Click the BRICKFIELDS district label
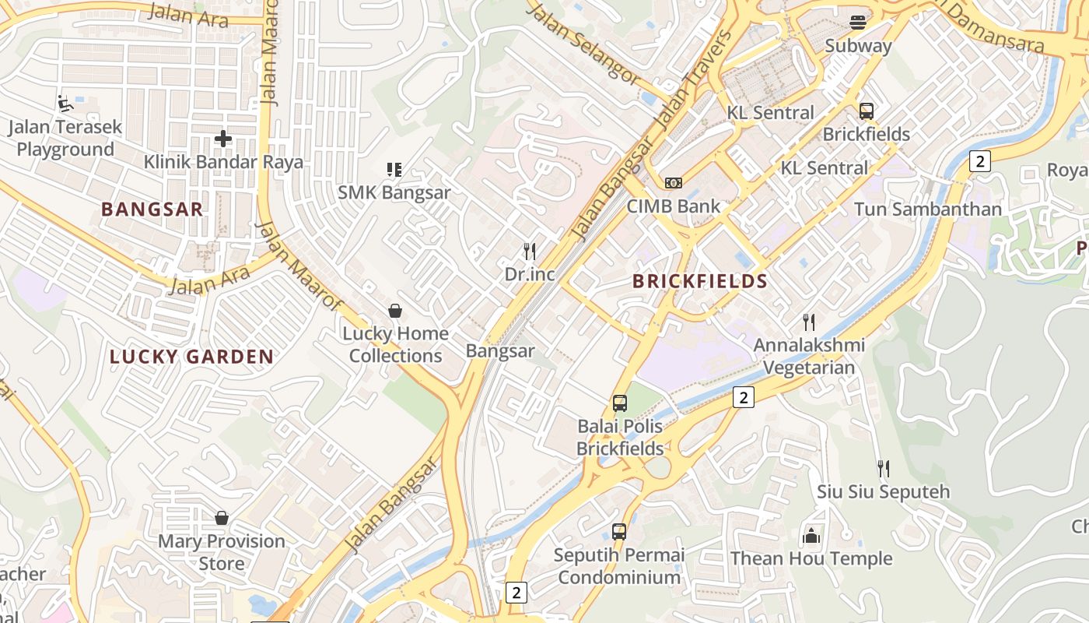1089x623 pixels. (699, 281)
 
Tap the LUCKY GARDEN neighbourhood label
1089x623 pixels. (191, 357)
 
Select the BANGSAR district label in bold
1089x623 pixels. (152, 209)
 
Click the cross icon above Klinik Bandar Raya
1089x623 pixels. (223, 139)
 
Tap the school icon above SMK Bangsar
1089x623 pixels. (394, 169)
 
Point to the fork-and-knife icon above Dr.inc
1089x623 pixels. (530, 251)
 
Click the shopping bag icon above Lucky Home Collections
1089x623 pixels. (395, 311)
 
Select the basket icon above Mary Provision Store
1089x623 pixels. (222, 518)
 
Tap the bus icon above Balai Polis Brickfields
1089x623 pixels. (620, 403)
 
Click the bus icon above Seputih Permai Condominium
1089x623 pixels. (619, 532)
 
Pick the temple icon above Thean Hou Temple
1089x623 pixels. (811, 535)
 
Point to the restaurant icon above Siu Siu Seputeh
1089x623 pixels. (883, 468)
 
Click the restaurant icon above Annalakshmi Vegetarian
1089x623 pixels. (809, 322)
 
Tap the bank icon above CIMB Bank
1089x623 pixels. (674, 182)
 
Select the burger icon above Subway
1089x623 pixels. (858, 22)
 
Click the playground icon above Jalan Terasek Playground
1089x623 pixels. (65, 103)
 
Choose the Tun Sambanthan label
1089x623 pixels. (927, 209)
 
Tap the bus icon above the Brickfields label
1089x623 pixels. (867, 111)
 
